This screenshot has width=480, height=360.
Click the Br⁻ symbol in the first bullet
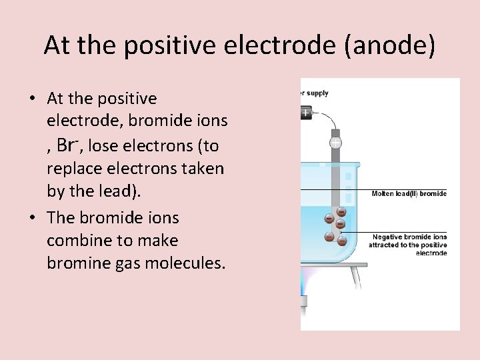tap(68, 144)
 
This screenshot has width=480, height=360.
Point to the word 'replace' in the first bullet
tap(75, 168)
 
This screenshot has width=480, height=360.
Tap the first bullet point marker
tap(31, 99)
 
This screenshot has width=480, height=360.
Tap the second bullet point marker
tap(31, 218)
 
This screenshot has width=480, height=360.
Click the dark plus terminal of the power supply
tap(306, 113)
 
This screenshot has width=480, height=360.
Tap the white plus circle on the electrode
tap(336, 143)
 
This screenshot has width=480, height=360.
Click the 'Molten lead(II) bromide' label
tap(409, 194)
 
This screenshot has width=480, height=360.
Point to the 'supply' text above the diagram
tap(317, 93)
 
